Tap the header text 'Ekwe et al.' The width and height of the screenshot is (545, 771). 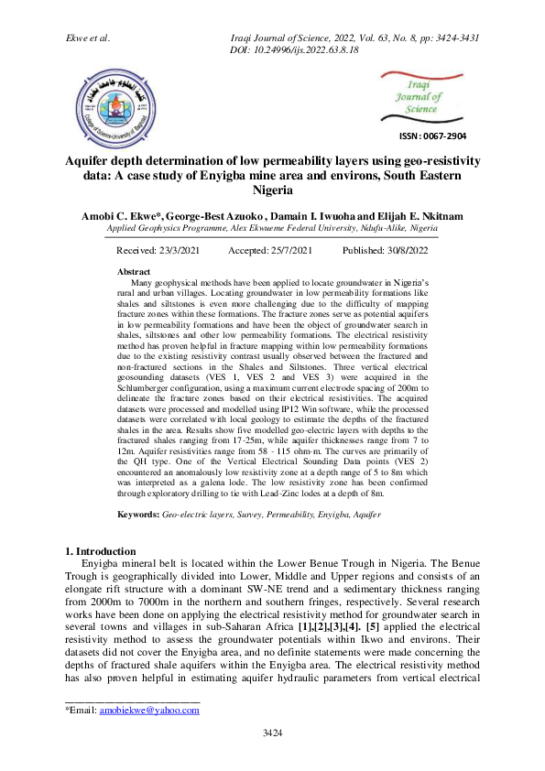click(88, 38)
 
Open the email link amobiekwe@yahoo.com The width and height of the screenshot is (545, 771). click(149, 710)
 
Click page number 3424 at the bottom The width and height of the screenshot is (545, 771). click(272, 733)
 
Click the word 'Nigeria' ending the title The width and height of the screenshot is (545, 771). click(272, 190)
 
